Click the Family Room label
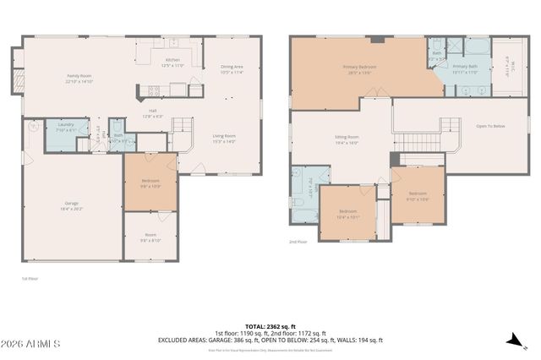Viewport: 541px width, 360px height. (x=79, y=78)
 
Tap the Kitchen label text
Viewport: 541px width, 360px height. (x=172, y=62)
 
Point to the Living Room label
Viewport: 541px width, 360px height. (x=223, y=138)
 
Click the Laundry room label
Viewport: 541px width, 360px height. (x=65, y=128)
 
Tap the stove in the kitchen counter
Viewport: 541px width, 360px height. (x=155, y=90)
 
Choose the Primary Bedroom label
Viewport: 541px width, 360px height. (x=359, y=68)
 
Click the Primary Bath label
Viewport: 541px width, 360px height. (x=465, y=68)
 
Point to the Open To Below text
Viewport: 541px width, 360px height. (x=490, y=126)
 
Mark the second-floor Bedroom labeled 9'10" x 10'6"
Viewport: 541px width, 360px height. (x=418, y=196)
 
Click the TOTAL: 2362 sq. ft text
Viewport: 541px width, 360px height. (x=270, y=325)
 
